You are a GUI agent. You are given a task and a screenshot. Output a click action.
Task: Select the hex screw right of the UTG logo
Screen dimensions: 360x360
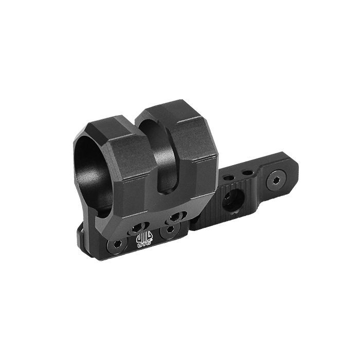[168, 232]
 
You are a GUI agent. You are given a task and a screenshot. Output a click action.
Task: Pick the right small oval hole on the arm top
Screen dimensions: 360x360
[247, 172]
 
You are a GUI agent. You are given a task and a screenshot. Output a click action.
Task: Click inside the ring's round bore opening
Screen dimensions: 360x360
[93, 165]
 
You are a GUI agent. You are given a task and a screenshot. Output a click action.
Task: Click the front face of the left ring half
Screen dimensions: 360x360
[131, 170]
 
